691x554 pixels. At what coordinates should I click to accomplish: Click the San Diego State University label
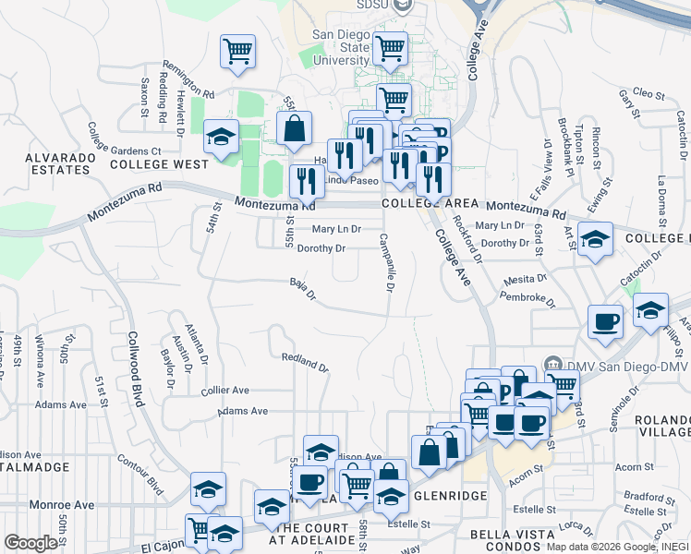tap(341, 48)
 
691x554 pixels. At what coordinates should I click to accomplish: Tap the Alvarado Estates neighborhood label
tap(64, 163)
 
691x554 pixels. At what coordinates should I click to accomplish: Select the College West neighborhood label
tap(159, 164)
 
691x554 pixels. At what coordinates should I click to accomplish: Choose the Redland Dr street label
tap(305, 361)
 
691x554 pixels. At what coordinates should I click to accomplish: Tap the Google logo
tap(30, 543)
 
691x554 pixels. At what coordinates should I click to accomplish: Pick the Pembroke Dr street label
tap(527, 297)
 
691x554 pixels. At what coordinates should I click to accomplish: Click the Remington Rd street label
tap(188, 79)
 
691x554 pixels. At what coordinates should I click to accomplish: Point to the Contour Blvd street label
tap(139, 473)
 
